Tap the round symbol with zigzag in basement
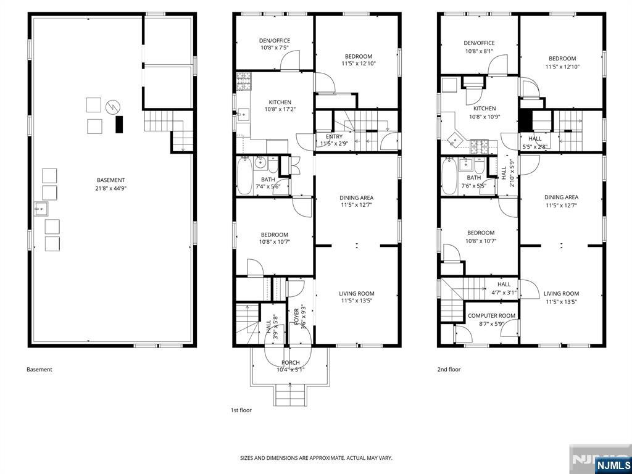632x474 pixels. [112, 107]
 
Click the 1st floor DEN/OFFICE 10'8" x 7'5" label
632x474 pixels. [274, 44]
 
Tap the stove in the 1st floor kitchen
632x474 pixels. [243, 80]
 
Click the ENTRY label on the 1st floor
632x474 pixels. [334, 136]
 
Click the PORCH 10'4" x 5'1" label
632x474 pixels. [290, 366]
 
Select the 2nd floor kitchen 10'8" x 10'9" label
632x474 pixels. [484, 112]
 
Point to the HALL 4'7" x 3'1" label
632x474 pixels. [504, 288]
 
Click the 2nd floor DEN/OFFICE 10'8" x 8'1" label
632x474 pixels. [479, 47]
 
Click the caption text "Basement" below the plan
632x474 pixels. [39, 370]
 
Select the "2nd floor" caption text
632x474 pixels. [449, 370]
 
